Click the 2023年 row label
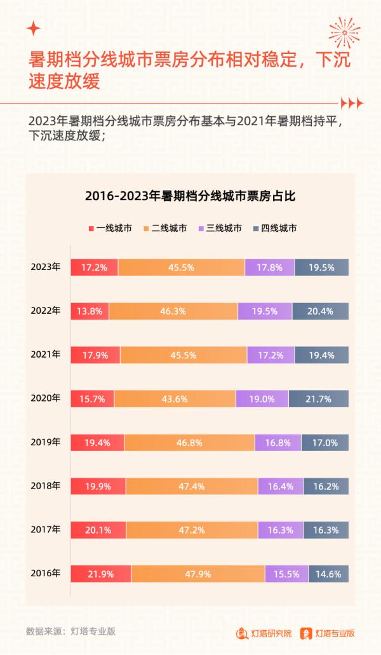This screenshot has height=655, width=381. coord(45,267)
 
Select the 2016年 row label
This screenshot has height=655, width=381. coord(45,573)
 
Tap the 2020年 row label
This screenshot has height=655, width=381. coord(45,398)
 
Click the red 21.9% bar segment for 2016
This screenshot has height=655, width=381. coord(101,574)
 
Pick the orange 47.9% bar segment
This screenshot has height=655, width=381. coord(198,574)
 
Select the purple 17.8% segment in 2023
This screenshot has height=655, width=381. coord(270,267)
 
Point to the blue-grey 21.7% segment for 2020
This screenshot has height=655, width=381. coord(319,398)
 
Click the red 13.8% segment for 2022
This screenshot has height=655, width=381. coord(90,311)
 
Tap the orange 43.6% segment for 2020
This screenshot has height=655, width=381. coord(175,398)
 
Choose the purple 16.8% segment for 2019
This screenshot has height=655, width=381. coord(278,442)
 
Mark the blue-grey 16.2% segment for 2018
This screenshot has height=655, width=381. coord(326,486)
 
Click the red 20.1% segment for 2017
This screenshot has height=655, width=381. coord(98,530)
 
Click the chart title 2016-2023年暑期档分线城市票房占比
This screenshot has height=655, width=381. coord(190,196)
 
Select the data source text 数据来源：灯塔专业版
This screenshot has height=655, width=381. coord(70,631)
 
